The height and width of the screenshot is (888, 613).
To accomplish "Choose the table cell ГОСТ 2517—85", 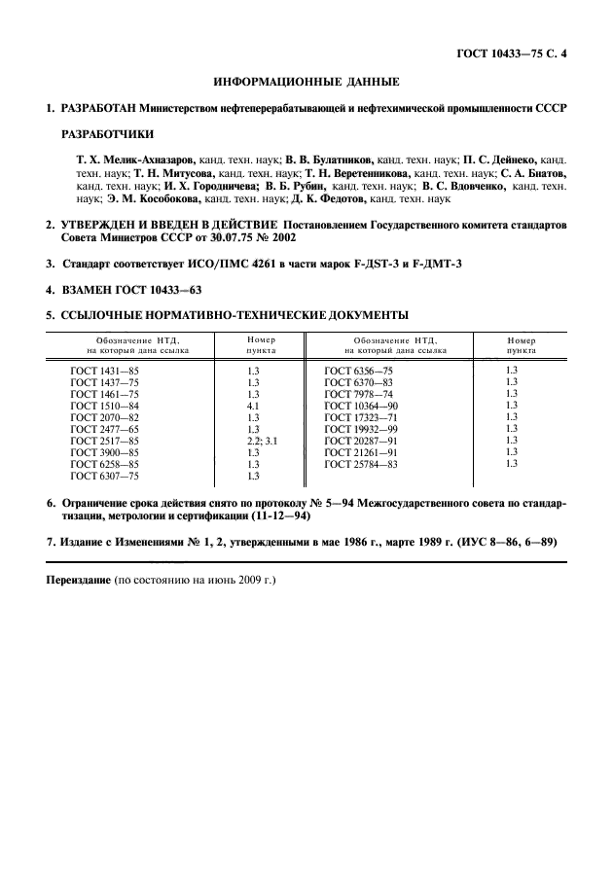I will point(105,441).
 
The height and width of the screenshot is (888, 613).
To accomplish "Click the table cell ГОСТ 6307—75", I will point(105,476).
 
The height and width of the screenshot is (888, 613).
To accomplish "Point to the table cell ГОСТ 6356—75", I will point(359,371).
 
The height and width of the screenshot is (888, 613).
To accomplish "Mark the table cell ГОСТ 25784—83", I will point(362,464).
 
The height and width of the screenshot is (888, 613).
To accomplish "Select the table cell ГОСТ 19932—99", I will point(362,429).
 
